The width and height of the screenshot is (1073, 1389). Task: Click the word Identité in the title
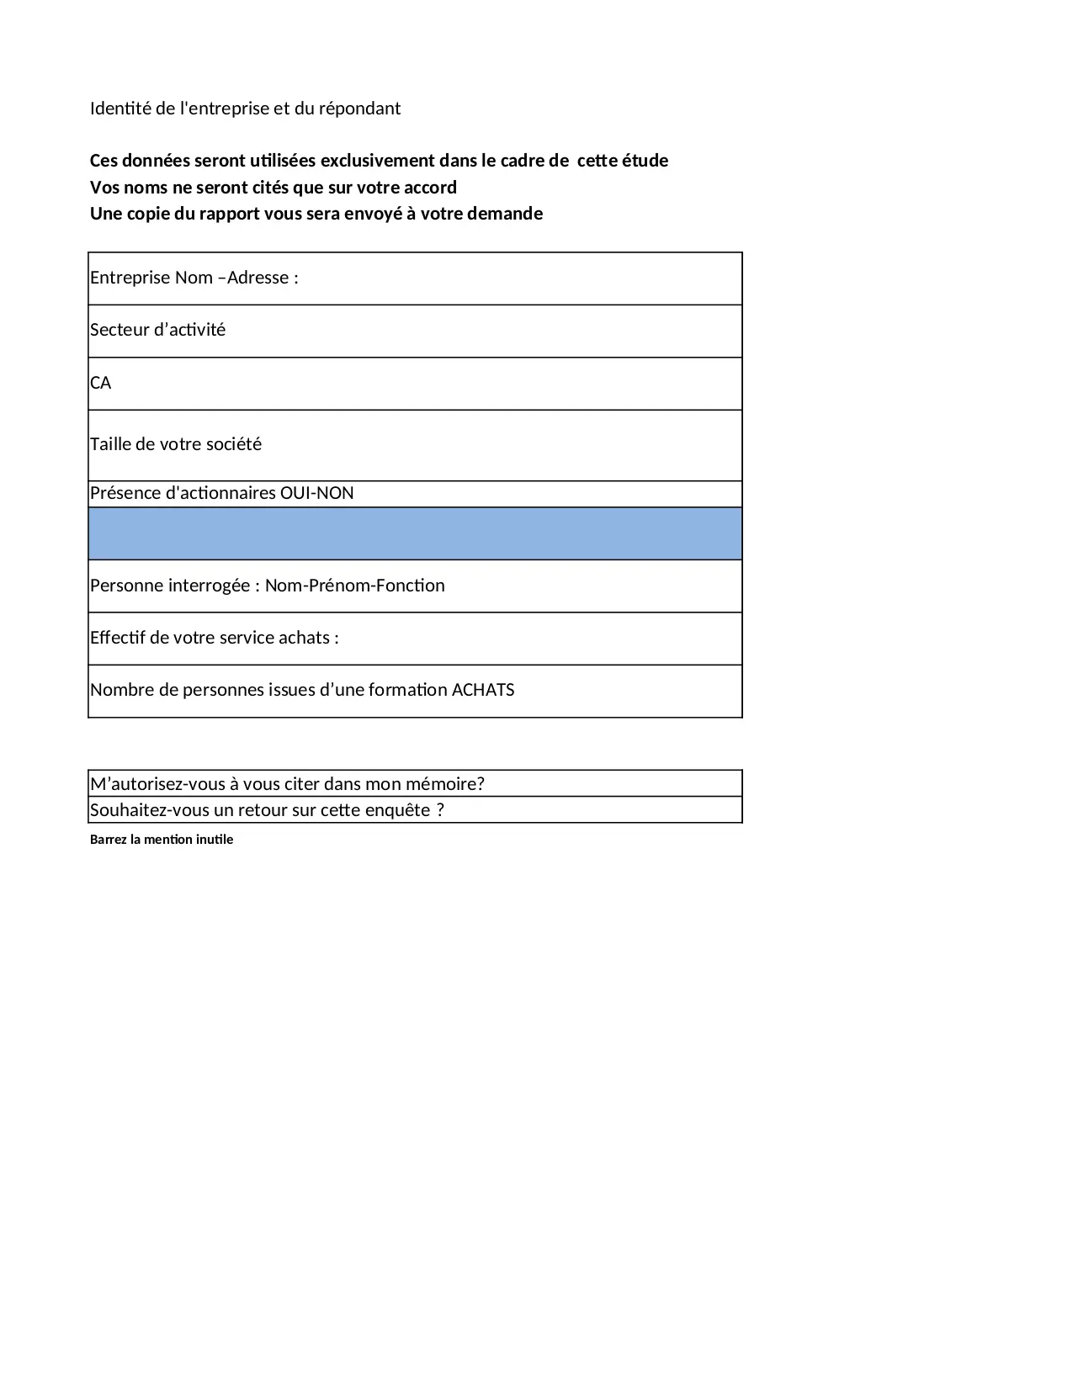(120, 109)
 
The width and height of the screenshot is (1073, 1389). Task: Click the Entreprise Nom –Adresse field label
(194, 278)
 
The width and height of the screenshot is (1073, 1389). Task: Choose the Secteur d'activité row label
(158, 330)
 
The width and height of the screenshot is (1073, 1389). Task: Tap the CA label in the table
(101, 383)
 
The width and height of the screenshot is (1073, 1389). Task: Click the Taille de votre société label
(176, 444)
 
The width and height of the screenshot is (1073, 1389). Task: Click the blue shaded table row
(415, 533)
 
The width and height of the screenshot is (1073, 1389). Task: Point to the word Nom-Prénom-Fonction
(354, 586)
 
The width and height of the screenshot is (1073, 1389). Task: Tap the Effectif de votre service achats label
(215, 638)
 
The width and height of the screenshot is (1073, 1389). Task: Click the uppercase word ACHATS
(483, 690)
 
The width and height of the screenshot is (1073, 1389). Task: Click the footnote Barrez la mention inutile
(162, 840)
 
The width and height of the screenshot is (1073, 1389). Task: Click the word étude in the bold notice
(645, 161)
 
